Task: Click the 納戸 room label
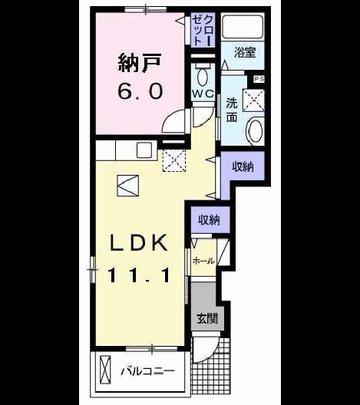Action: click(x=140, y=62)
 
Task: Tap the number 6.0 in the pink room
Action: click(x=140, y=91)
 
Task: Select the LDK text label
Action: click(x=139, y=242)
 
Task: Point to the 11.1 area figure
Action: click(x=139, y=275)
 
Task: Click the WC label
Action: click(x=203, y=94)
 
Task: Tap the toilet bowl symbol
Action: click(x=203, y=77)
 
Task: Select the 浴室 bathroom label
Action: click(x=245, y=52)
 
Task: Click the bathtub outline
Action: click(x=243, y=27)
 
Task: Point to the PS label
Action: click(x=259, y=79)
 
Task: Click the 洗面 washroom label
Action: click(x=232, y=110)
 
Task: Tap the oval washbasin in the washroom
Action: click(x=255, y=130)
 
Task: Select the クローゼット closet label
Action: click(x=203, y=30)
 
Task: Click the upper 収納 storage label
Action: click(x=243, y=167)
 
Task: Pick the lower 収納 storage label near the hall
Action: click(x=209, y=220)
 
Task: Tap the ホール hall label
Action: click(x=203, y=261)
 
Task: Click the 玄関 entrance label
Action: click(x=207, y=318)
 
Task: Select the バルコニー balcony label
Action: click(x=148, y=371)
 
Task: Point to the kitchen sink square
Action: click(x=144, y=150)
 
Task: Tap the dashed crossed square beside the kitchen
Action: click(x=174, y=160)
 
